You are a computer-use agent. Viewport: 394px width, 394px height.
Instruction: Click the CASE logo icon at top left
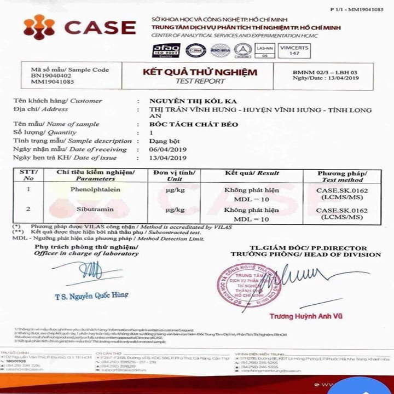click(40, 27)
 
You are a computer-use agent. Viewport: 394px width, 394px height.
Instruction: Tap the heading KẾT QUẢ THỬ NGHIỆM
click(200, 72)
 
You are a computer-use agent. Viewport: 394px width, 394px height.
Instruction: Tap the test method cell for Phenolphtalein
click(342, 193)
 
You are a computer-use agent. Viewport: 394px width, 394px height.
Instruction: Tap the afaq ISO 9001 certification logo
click(166, 51)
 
